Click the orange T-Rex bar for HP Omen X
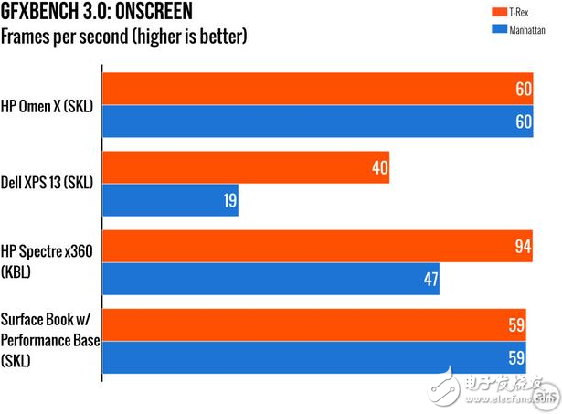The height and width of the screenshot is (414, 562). click(320, 90)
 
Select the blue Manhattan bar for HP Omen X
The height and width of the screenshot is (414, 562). click(320, 122)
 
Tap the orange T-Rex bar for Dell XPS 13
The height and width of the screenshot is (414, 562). click(246, 168)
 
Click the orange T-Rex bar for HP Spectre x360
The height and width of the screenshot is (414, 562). click(320, 246)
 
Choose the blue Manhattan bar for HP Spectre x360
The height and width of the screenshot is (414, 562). click(270, 279)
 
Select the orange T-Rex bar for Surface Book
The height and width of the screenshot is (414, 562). click(314, 324)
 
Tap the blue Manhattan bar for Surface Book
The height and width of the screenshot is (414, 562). click(314, 357)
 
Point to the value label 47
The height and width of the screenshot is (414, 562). click(429, 279)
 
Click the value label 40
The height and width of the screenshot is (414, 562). click(379, 168)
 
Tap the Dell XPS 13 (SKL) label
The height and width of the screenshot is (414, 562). click(48, 183)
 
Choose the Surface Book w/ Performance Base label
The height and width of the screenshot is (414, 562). click(50, 339)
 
